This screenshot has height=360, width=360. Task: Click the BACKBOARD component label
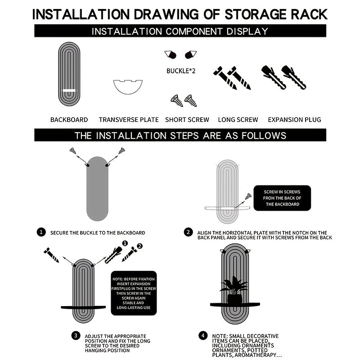click(69, 120)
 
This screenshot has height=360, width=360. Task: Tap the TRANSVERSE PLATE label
click(129, 120)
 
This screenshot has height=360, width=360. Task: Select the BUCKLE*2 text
click(181, 71)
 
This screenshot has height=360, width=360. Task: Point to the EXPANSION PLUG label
click(295, 120)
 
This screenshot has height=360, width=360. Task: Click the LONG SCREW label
click(238, 120)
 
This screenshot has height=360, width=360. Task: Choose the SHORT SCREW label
click(187, 120)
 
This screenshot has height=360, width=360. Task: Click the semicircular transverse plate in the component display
click(128, 90)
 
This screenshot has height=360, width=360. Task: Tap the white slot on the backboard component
click(69, 90)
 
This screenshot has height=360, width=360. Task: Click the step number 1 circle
click(41, 232)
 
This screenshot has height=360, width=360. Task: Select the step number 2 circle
click(188, 232)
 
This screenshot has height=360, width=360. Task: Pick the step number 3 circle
click(76, 336)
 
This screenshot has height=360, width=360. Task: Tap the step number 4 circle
click(203, 336)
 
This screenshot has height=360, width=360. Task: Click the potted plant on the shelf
click(234, 290)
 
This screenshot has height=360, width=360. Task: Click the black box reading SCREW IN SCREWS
click(282, 198)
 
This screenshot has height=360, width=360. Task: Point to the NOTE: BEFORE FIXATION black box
click(134, 293)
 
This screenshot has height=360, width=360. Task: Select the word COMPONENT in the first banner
click(194, 31)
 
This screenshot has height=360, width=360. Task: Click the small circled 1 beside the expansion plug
click(125, 243)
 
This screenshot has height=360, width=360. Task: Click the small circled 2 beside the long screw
click(139, 246)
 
